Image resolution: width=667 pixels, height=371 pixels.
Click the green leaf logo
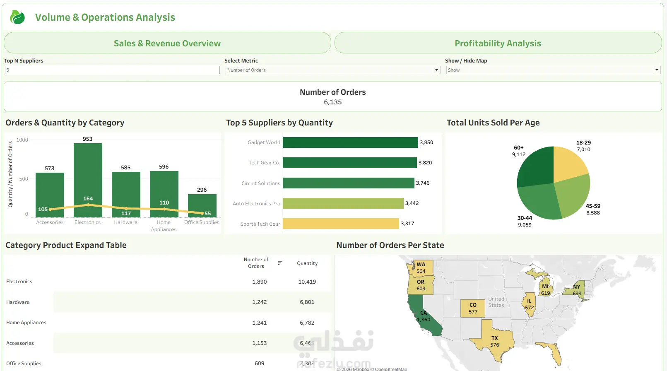pyautogui.click(x=17, y=17)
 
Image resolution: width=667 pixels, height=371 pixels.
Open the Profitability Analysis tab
pyautogui.click(x=498, y=43)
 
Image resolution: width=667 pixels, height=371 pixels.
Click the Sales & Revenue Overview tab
pyautogui.click(x=167, y=43)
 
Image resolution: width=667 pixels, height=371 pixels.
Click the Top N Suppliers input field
pyautogui.click(x=112, y=70)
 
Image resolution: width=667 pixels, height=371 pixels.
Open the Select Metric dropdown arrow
pyautogui.click(x=436, y=70)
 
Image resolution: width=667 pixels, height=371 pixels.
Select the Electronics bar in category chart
pyautogui.click(x=88, y=174)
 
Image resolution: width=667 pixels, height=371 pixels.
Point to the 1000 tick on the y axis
pyautogui.click(x=22, y=140)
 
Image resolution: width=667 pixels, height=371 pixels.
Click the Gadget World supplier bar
pyautogui.click(x=350, y=142)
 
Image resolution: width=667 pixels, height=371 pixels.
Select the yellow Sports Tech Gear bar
pyautogui.click(x=340, y=224)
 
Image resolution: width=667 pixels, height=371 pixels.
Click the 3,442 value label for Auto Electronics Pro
pyautogui.click(x=412, y=203)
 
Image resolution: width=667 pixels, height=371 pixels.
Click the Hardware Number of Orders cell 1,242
pyautogui.click(x=260, y=302)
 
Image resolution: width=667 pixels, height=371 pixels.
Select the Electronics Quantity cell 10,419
pyautogui.click(x=307, y=282)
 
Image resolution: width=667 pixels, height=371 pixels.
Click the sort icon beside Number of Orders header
pyautogui.click(x=280, y=263)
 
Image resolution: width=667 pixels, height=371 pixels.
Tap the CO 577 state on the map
pyautogui.click(x=473, y=308)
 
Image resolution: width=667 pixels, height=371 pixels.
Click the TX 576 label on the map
pyautogui.click(x=494, y=342)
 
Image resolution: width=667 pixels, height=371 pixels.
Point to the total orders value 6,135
pyautogui.click(x=333, y=102)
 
